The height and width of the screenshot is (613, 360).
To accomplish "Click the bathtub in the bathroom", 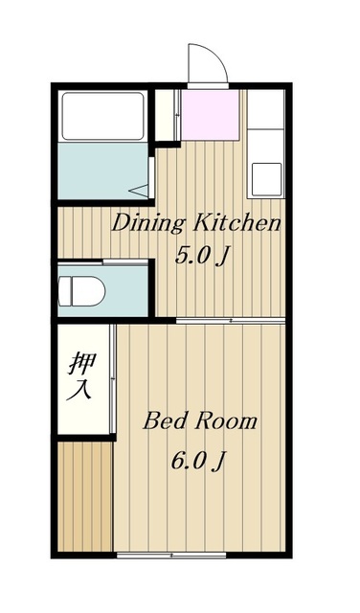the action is tap(102, 116).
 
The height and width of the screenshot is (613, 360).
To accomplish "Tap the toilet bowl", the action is tap(81, 291).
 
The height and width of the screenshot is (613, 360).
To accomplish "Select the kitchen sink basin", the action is tap(266, 179).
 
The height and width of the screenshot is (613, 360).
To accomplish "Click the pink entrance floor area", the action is tap(211, 115).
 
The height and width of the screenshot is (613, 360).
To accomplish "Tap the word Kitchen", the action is tap(236, 223).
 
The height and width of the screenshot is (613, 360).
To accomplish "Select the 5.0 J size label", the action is tap(201, 256).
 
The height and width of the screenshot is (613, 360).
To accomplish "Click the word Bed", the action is tap(165, 421).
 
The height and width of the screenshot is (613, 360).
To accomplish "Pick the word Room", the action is tap(226, 421).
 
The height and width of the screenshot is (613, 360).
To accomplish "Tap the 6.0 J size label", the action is tap(198, 462).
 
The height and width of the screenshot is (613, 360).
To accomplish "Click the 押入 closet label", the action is tap(81, 376).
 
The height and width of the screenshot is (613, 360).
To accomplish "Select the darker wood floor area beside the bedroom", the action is tap(85, 496).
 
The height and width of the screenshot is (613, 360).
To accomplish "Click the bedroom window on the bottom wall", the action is tap(171, 555).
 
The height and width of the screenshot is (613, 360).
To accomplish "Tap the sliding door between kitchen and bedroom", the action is tap(231, 321).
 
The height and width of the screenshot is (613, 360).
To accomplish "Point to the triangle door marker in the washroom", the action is tap(139, 191).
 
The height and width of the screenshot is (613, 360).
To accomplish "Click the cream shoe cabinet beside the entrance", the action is tap(167, 115).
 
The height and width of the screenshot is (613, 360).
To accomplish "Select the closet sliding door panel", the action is tap(112, 379).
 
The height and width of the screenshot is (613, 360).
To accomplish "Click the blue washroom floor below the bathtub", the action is tap(102, 170).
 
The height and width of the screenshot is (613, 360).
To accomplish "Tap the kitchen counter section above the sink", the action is tap(266, 109).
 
